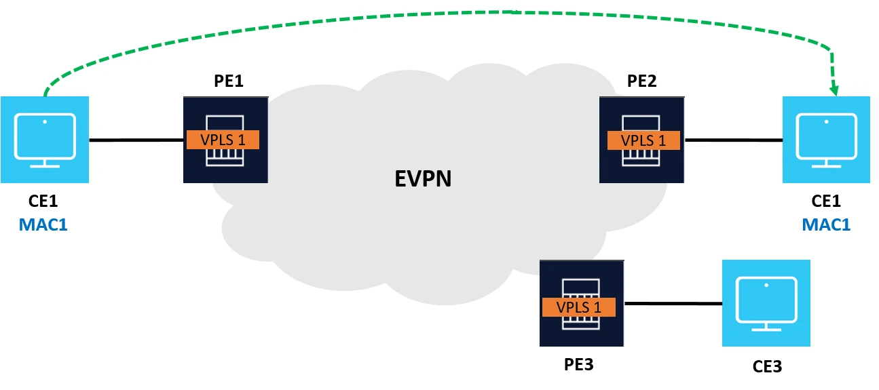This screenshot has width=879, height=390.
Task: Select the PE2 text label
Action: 641,81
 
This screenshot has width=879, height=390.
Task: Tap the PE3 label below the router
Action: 578,364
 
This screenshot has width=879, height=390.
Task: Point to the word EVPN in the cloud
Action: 424,178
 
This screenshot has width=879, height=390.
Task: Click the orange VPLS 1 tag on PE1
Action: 223,140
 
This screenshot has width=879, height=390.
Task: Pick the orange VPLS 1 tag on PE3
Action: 579,307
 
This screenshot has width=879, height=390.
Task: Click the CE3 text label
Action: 767,367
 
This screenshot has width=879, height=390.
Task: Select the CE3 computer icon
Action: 766,303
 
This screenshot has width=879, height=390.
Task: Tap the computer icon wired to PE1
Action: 45,140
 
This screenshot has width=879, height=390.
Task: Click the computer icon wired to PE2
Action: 826,140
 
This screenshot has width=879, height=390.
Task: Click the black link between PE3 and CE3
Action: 673,303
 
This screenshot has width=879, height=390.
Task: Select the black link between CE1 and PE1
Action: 136,140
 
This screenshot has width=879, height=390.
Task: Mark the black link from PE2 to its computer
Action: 734,140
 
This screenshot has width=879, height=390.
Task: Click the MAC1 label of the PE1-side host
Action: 43,224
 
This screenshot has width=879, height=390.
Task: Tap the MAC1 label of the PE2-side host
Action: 826,224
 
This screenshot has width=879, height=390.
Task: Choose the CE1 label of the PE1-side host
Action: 43,201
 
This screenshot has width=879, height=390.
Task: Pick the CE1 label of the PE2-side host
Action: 826,201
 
